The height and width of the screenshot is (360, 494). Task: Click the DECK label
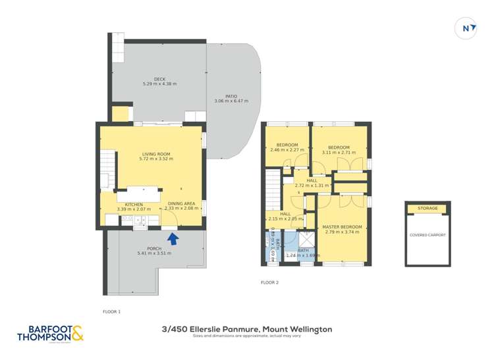(159, 78)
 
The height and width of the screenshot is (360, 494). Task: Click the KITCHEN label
(134, 204)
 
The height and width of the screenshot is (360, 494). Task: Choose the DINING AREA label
(180, 204)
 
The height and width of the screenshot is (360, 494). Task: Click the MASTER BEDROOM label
(343, 227)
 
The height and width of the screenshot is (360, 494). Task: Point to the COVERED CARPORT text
(428, 235)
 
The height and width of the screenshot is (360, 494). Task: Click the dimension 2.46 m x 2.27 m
(287, 150)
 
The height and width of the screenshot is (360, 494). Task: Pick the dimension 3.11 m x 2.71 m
(339, 152)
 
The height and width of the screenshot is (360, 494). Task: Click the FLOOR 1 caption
(112, 311)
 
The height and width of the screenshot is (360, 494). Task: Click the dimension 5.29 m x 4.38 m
(159, 84)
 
